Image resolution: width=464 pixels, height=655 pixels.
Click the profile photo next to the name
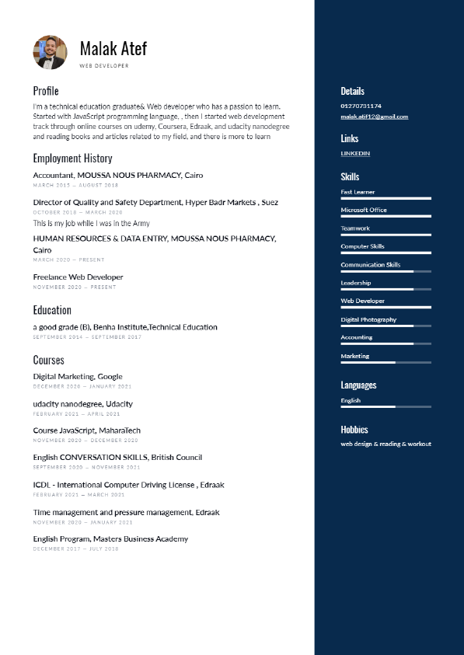coord(50,52)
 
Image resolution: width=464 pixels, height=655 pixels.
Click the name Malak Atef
coord(113,49)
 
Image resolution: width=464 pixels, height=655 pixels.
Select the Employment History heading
coord(72,159)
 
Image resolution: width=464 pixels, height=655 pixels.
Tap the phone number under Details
coord(361,106)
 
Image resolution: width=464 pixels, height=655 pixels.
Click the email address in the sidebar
coord(374,117)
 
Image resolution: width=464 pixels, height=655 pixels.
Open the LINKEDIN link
coord(355,154)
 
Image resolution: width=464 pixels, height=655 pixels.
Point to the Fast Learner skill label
coord(358,192)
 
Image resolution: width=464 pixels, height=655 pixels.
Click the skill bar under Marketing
coord(386,362)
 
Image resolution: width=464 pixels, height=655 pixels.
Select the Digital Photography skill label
coord(368,319)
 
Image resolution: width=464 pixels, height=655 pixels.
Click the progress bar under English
coord(386,406)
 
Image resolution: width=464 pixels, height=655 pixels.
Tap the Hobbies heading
coord(354,430)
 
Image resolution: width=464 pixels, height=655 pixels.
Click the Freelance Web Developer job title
coord(78,277)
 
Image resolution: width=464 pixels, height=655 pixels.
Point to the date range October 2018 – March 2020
coord(78,212)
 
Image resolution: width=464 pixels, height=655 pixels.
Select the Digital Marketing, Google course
coord(78,377)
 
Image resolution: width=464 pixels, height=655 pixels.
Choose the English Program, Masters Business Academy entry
coord(110,539)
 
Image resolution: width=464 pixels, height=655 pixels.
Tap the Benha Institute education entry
coord(125,327)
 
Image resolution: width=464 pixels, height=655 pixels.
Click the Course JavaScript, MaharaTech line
coord(86,430)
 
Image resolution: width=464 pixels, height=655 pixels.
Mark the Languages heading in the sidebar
coord(358,385)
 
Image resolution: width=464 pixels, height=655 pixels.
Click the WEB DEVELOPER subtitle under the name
coord(104,66)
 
